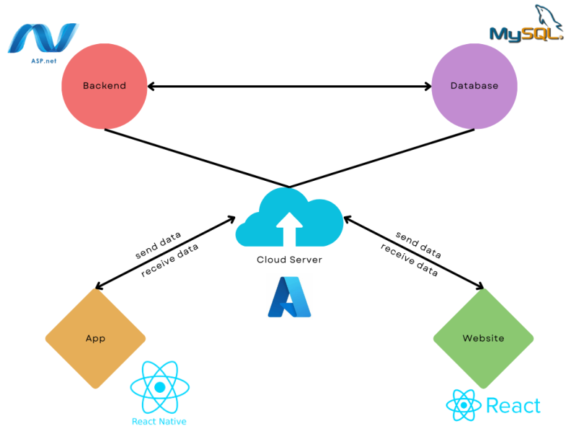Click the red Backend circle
(x=104, y=85)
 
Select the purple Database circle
(x=474, y=85)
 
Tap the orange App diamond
(x=96, y=339)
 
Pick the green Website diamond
(x=483, y=339)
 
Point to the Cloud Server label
(x=289, y=260)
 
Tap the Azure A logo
(x=289, y=297)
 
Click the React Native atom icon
(x=159, y=387)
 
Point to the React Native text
(x=159, y=421)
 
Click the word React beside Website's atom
(x=513, y=406)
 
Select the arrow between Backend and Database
(x=289, y=86)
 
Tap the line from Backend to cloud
(x=195, y=158)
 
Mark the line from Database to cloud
(x=384, y=158)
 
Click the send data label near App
(x=158, y=245)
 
